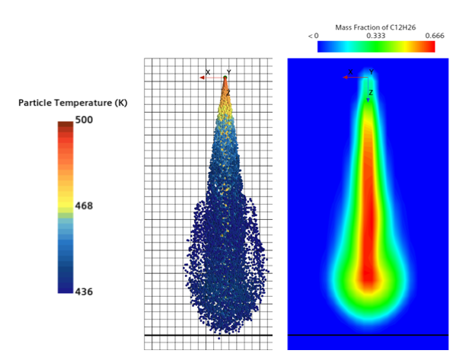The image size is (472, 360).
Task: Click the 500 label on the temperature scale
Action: pyautogui.click(x=84, y=119)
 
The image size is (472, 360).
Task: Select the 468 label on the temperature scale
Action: pyautogui.click(x=84, y=205)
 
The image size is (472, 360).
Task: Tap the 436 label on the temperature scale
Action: pyautogui.click(x=84, y=292)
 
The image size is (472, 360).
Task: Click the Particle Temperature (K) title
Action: pyautogui.click(x=72, y=103)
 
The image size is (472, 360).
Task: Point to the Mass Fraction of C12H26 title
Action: pyautogui.click(x=375, y=27)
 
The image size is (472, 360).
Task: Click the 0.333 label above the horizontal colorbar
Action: pyautogui.click(x=375, y=36)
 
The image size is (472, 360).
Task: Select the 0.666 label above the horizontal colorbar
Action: pyautogui.click(x=434, y=36)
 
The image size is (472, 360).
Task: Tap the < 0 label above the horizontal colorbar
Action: pyautogui.click(x=313, y=36)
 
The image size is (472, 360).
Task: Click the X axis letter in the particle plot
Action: pyautogui.click(x=208, y=72)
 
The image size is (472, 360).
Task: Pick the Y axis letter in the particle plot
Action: pyautogui.click(x=228, y=72)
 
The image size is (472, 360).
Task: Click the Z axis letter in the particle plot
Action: pyautogui.click(x=228, y=93)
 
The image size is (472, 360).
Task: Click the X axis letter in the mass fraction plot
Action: pyautogui.click(x=350, y=72)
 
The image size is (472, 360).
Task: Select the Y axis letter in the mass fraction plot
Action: pyautogui.click(x=372, y=72)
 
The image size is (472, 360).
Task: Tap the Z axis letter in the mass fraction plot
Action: pyautogui.click(x=371, y=93)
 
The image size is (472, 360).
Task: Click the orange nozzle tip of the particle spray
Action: pyautogui.click(x=225, y=81)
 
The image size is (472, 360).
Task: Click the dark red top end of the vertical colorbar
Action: pyautogui.click(x=65, y=124)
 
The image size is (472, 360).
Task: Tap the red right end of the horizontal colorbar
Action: pyautogui.click(x=431, y=46)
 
